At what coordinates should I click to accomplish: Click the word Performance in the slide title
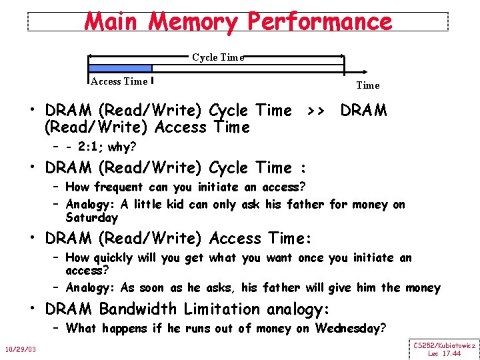click(320, 21)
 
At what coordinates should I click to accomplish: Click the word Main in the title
click(110, 21)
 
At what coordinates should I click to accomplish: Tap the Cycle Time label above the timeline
click(217, 57)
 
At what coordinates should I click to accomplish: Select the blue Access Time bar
click(121, 68)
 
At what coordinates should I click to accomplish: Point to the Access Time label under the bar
click(119, 81)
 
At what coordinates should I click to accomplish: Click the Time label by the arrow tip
click(368, 85)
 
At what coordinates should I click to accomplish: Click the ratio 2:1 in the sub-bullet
click(91, 147)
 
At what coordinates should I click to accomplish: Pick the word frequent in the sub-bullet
click(118, 187)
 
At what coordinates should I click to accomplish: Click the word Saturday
click(92, 218)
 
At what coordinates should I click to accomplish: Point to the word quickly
click(113, 258)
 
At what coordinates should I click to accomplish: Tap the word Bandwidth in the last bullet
click(138, 309)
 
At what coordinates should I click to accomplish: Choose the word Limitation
click(223, 309)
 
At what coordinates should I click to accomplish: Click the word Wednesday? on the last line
click(349, 329)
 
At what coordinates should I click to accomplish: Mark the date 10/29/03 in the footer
click(21, 349)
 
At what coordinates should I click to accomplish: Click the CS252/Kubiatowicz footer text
click(444, 345)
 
